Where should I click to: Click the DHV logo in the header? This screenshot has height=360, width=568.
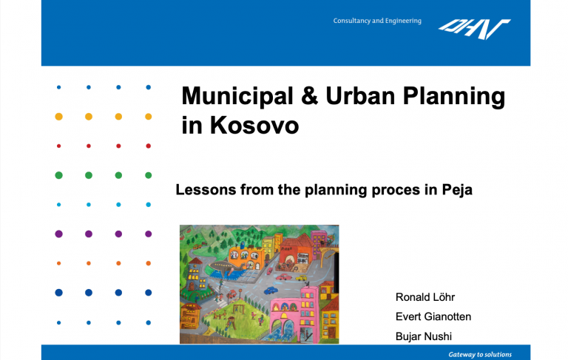(x=475, y=29)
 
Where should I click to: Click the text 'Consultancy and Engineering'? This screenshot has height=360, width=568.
(x=377, y=21)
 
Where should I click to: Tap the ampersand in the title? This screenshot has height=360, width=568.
(x=309, y=96)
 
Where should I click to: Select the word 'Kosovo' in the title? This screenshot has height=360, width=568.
(x=254, y=126)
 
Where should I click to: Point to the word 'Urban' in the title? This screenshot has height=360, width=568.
(x=360, y=96)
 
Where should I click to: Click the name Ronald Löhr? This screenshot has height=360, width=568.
(x=425, y=297)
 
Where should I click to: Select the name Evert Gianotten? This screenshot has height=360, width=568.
(x=433, y=316)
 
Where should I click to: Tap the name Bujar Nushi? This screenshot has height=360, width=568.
(x=424, y=336)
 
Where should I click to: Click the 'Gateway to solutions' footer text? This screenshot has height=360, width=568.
(x=480, y=355)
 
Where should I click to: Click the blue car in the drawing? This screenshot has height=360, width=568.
(x=271, y=290)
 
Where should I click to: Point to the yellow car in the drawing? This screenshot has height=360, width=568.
(x=301, y=278)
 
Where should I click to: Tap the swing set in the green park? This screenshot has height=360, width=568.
(x=238, y=309)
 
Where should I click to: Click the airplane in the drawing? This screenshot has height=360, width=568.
(x=229, y=268)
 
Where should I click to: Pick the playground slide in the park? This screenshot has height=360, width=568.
(x=229, y=322)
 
